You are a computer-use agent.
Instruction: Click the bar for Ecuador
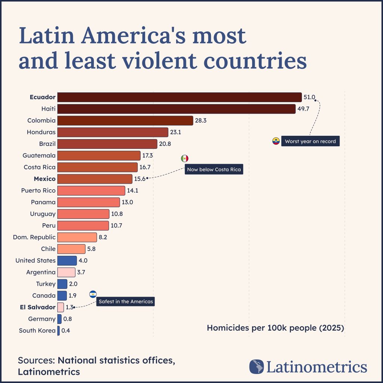tap(180, 97)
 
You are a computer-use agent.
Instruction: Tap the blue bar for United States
tap(67, 260)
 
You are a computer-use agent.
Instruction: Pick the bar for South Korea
tap(58, 331)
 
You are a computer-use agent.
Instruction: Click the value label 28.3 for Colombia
tap(201, 120)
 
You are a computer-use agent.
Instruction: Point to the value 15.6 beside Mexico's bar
tap(140, 179)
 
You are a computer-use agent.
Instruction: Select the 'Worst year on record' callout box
tap(310, 141)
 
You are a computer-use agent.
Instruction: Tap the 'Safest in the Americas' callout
tap(126, 301)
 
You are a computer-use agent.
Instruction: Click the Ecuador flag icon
tap(276, 141)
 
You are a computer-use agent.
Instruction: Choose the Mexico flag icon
tap(185, 158)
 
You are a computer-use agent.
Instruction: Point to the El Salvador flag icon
tap(93, 294)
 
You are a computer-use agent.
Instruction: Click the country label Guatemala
tap(39, 155)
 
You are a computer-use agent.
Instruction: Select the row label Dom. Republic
tap(34, 237)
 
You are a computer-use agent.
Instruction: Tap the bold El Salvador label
tap(37, 307)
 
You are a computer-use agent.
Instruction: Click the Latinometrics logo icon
tap(257, 367)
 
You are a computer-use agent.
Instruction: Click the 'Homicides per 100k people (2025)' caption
tap(275, 328)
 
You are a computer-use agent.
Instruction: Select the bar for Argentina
tap(66, 272)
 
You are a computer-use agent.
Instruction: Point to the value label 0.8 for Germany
tap(68, 319)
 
